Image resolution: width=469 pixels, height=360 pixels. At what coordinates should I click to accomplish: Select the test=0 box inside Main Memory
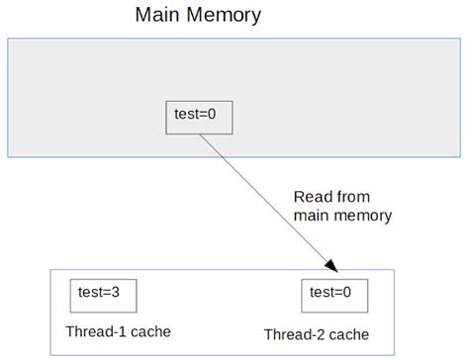pos(199,117)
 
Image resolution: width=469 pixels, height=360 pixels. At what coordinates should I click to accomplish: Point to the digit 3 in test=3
pos(119,292)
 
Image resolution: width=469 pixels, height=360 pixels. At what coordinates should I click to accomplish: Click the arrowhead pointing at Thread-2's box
pos(332,266)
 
